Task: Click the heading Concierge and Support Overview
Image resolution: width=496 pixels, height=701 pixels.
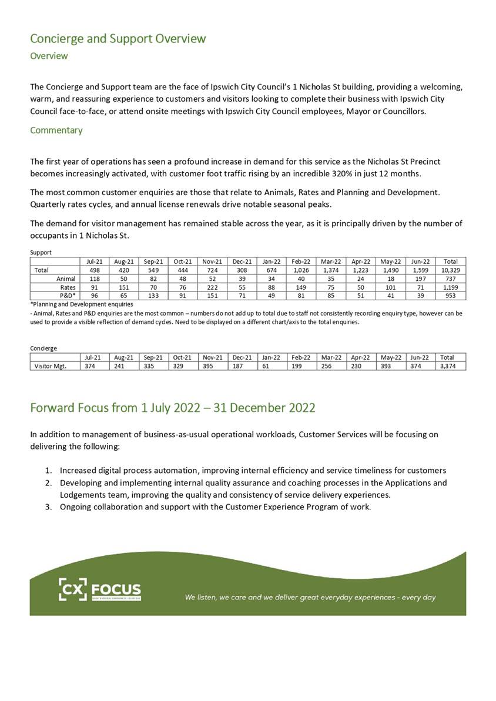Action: (x=118, y=39)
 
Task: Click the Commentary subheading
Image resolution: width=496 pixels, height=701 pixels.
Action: (x=56, y=130)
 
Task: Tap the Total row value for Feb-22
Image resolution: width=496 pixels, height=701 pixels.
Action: (x=301, y=270)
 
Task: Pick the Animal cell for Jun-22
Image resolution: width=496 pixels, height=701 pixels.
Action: (x=420, y=279)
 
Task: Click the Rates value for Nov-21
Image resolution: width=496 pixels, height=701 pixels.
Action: (x=210, y=287)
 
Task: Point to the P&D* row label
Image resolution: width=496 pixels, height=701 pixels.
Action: (x=67, y=296)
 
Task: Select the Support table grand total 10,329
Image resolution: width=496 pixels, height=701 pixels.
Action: (x=450, y=270)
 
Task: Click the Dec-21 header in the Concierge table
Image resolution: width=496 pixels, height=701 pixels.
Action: (x=241, y=357)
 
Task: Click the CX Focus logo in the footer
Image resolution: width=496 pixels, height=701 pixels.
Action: (x=100, y=589)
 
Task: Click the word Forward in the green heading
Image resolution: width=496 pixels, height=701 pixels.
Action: (x=54, y=407)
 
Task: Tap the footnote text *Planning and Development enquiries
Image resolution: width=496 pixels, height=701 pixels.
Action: (x=81, y=304)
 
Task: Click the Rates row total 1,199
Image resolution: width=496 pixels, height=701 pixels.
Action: (x=450, y=287)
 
